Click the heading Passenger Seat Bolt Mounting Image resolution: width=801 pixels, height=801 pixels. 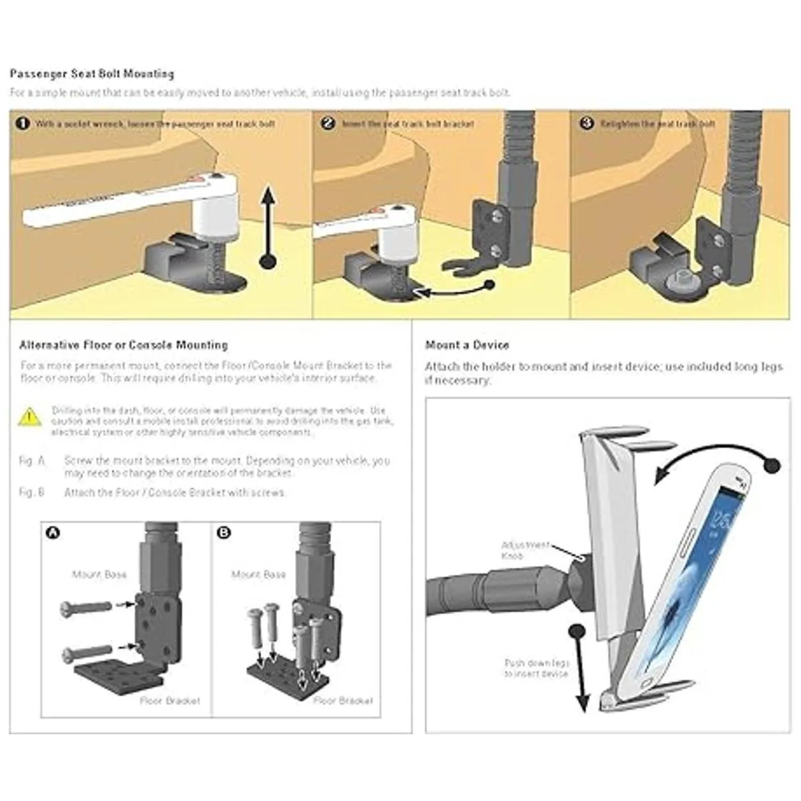(92, 73)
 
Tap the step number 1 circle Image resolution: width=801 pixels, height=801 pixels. (23, 123)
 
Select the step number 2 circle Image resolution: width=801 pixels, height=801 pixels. (327, 123)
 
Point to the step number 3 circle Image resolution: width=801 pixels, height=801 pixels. (586, 123)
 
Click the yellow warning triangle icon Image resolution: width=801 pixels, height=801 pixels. (30, 417)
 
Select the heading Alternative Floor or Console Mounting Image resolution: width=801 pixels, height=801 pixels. (123, 345)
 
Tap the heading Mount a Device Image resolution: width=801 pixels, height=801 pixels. (467, 345)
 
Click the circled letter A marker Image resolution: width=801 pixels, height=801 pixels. (51, 533)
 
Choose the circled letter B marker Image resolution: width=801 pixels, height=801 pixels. (224, 533)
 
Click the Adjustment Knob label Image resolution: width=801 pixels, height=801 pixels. (525, 550)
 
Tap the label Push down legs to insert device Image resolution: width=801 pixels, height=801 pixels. (537, 668)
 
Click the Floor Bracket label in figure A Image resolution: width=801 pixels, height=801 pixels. (170, 701)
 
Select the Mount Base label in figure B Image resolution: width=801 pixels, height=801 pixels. (258, 574)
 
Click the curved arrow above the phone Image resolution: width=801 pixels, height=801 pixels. (708, 461)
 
